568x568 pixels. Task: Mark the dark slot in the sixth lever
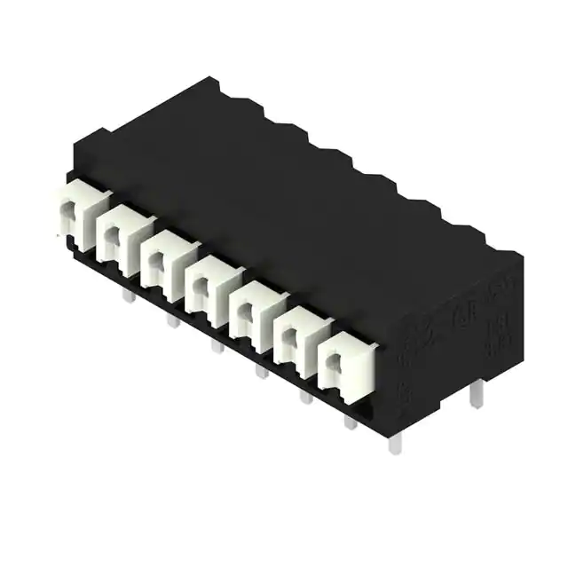tap(288, 335)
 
